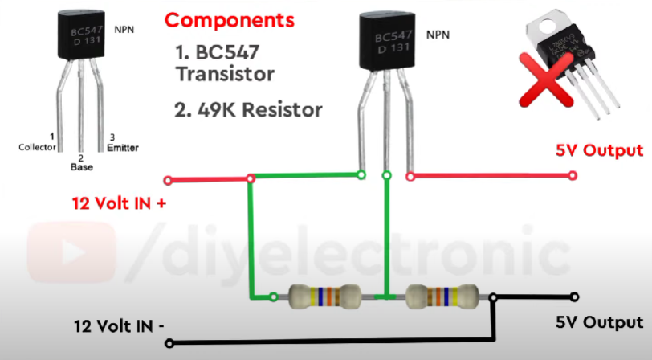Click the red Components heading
(230, 19)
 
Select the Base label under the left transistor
(80, 167)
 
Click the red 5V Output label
(600, 150)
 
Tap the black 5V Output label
(599, 322)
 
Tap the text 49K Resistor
(248, 109)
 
